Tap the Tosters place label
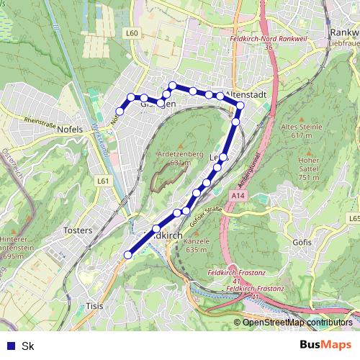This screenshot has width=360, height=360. click(78, 230)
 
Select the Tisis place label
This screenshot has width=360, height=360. click(94, 305)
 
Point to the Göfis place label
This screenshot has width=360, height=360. click(302, 243)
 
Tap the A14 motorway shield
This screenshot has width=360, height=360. click(239, 195)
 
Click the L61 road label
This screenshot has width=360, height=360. click(104, 181)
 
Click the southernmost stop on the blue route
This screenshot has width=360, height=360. click(128, 254)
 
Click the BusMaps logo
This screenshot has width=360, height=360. click(326, 345)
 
